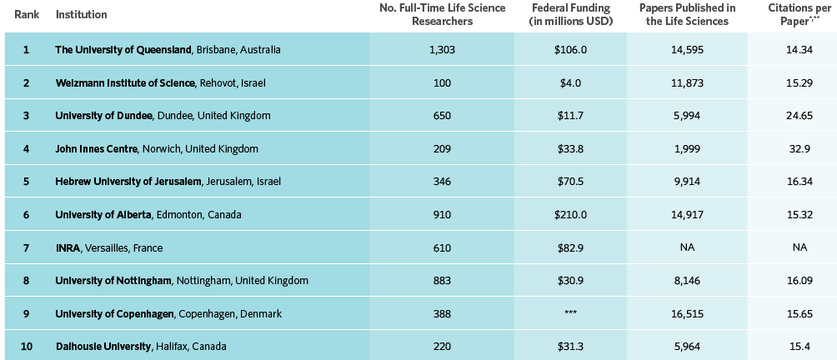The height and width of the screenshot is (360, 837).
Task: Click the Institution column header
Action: pos(81,15)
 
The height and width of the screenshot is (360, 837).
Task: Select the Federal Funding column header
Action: pos(570,15)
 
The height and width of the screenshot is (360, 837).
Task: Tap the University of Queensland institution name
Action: pos(123,50)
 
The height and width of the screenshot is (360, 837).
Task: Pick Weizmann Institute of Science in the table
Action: pos(126,82)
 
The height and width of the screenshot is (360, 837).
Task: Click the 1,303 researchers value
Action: pos(442,50)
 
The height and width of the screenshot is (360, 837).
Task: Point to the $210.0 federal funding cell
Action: pos(570,214)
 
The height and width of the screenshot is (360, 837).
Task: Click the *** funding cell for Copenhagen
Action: pos(570,313)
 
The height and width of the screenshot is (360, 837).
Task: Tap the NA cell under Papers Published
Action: pos(687,247)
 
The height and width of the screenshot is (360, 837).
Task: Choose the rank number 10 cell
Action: pos(26,346)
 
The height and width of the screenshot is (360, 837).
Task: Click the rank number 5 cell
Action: pos(26,182)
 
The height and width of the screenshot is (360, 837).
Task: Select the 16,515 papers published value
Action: pos(687,313)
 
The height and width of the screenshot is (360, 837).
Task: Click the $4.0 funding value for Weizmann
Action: pos(570,82)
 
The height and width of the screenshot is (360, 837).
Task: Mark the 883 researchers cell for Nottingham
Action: pos(442,280)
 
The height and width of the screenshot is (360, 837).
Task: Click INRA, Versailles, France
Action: pos(108,247)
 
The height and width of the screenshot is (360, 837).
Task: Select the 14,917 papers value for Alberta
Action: pos(687,214)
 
